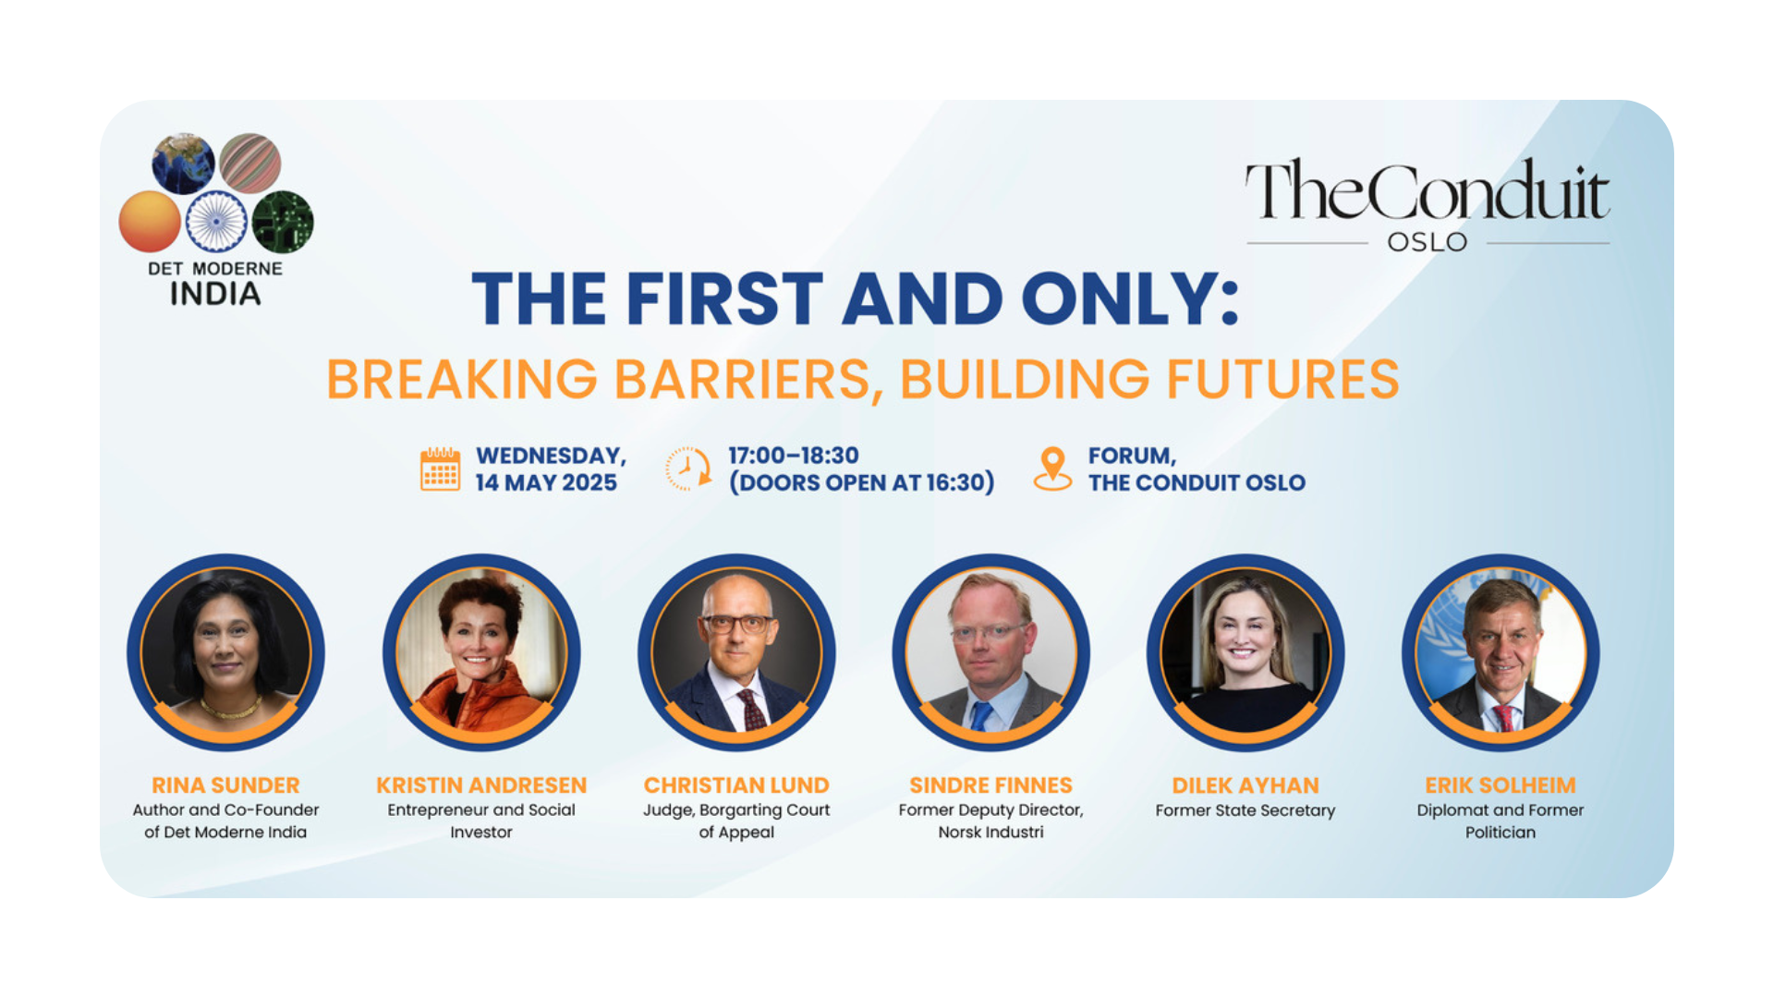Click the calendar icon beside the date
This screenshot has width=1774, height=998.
click(x=440, y=469)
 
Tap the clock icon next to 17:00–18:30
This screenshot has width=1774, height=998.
click(x=688, y=469)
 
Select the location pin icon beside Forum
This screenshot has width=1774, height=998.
click(x=1052, y=469)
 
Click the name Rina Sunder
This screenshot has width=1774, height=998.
click(x=225, y=785)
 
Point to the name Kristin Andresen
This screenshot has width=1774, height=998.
click(x=481, y=785)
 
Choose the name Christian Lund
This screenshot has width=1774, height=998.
click(x=736, y=785)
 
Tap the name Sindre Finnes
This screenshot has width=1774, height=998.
click(x=990, y=785)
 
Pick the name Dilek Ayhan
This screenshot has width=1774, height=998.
click(x=1245, y=785)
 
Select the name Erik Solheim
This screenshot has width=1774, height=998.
click(x=1501, y=785)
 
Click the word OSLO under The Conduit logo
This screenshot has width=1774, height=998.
click(x=1428, y=242)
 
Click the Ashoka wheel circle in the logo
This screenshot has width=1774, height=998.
click(x=216, y=222)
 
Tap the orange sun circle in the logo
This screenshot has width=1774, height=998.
click(x=150, y=222)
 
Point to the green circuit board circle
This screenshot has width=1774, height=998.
click(x=283, y=222)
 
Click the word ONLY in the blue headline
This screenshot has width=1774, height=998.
click(x=1130, y=299)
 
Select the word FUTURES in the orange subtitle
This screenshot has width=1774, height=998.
click(x=1282, y=379)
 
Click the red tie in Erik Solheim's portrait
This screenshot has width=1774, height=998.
click(x=1504, y=717)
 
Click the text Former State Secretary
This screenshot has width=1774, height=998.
click(x=1245, y=810)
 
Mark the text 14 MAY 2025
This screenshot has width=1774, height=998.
click(x=546, y=482)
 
